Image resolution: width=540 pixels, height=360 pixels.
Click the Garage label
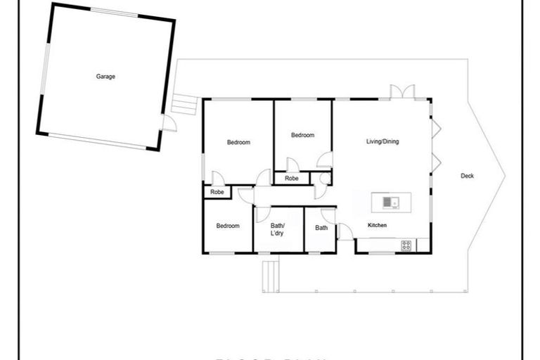tap(105, 77)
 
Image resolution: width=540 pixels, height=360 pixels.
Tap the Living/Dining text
tap(382, 141)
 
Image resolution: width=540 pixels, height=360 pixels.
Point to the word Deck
tap(467, 176)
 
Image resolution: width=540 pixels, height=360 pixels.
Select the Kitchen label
tap(377, 225)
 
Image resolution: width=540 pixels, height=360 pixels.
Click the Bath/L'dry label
tap(277, 229)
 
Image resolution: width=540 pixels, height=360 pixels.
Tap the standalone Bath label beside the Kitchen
tap(321, 228)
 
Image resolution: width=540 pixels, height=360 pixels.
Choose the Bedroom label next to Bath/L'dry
tap(228, 226)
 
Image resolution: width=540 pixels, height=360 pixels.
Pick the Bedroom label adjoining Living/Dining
tap(302, 135)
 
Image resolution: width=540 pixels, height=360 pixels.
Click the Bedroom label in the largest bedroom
tap(238, 143)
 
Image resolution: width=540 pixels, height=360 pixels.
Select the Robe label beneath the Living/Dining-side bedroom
tap(291, 179)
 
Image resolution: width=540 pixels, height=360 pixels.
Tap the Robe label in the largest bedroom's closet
tap(217, 192)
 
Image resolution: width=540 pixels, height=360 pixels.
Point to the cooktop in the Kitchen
tap(406, 245)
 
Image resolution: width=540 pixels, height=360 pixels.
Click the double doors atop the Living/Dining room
tap(403, 92)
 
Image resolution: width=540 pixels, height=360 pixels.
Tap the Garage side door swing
tap(169, 124)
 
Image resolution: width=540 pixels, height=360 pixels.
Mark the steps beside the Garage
tap(184, 104)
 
